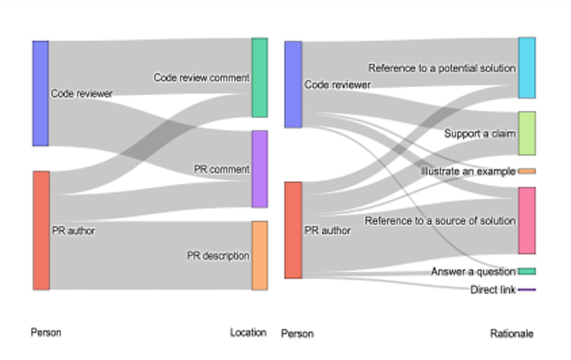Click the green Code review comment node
pyautogui.click(x=260, y=78)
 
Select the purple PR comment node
pyautogui.click(x=260, y=169)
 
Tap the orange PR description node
pyautogui.click(x=260, y=256)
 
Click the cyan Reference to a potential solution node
pyautogui.click(x=527, y=68)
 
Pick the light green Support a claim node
pyautogui.click(x=527, y=133)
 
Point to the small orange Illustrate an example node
pyautogui.click(x=527, y=171)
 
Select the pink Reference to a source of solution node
pyautogui.click(x=527, y=220)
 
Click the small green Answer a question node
pyautogui.click(x=527, y=271)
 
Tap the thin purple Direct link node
pyautogui.click(x=527, y=290)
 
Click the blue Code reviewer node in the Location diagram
pyautogui.click(x=41, y=93)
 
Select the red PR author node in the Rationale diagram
pyautogui.click(x=293, y=230)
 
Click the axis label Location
pyautogui.click(x=248, y=333)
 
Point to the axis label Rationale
pyautogui.click(x=511, y=334)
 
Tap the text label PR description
pyautogui.click(x=218, y=256)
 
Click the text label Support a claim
pyautogui.click(x=480, y=134)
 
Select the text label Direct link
pyautogui.click(x=493, y=290)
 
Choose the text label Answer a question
pyautogui.click(x=473, y=272)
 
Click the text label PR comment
pyautogui.click(x=222, y=170)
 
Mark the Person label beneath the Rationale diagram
pyautogui.click(x=297, y=334)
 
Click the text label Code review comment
pyautogui.click(x=201, y=78)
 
